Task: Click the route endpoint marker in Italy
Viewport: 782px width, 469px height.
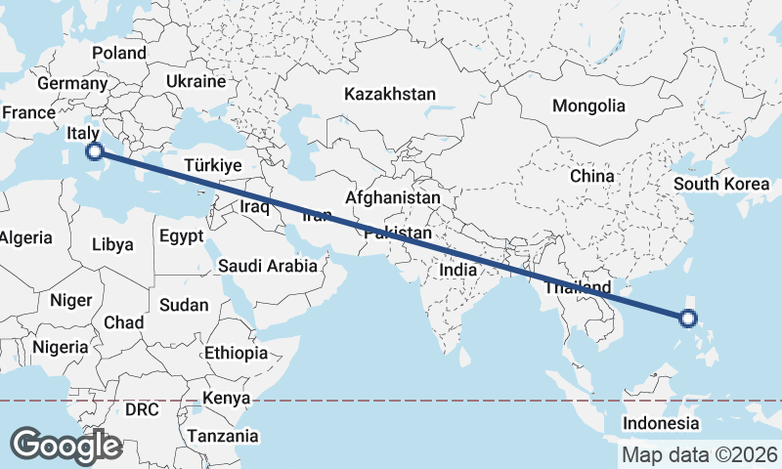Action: coord(94,150)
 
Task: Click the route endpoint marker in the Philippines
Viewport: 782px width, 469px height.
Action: coord(687,318)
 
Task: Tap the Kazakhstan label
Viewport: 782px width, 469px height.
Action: coord(389,94)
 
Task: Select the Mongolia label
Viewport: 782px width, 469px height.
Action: coord(588,106)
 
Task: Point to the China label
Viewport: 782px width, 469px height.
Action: coord(591,176)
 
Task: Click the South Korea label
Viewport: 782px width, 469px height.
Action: coord(722,184)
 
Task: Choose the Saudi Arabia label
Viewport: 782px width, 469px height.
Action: coord(267,265)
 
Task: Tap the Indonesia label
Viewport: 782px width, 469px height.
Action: coord(662,423)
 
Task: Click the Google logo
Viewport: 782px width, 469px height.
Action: coord(65,446)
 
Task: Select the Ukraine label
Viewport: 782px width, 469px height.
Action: coord(195,81)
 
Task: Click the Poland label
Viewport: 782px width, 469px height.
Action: coord(118,53)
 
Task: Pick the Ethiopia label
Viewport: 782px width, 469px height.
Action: coord(236,352)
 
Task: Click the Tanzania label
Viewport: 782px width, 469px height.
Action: coord(223,436)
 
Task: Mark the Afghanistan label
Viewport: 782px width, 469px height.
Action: coord(393,197)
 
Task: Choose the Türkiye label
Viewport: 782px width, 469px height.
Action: coord(212,166)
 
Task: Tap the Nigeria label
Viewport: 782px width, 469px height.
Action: coord(61,346)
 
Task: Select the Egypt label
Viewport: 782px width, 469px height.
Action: coord(181,235)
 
